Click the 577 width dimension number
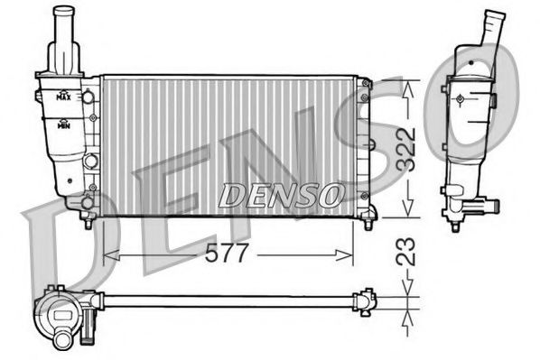[227, 254]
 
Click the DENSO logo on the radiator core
[281, 193]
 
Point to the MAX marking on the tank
[64, 95]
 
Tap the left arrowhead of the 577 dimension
[109, 255]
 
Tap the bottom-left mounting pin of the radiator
[88, 220]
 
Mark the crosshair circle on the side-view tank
[459, 98]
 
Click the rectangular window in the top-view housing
[64, 317]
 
